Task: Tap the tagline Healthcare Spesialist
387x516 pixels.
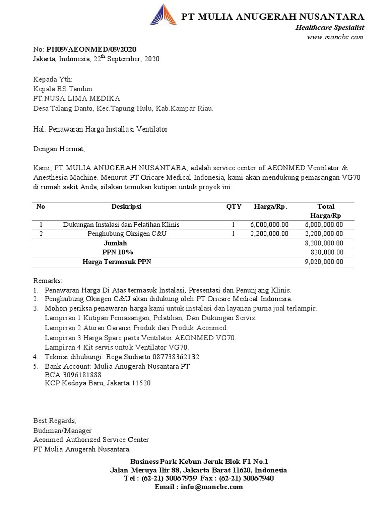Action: tap(330, 27)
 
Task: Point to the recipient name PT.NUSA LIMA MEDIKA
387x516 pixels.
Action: tap(77, 98)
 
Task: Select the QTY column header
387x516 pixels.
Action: tap(234, 207)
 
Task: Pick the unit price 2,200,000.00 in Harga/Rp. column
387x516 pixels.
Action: tap(270, 234)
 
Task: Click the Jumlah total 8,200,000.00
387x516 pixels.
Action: tap(324, 243)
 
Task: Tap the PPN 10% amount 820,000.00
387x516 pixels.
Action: tap(327, 252)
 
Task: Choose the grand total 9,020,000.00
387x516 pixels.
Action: tap(324, 262)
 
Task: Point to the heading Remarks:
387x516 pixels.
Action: tap(48, 280)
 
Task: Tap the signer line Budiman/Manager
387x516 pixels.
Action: tap(62, 431)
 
